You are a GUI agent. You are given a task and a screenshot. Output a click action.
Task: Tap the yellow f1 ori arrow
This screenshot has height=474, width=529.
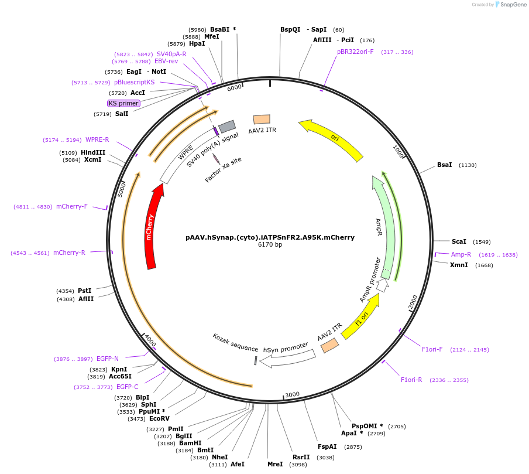(x=360, y=317)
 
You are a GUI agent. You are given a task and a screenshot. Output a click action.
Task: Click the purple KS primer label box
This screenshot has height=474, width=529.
(x=123, y=103)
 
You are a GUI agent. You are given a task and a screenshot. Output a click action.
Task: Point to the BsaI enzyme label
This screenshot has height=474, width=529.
(x=445, y=165)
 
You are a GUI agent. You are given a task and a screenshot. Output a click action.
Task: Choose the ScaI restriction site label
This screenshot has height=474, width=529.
(x=459, y=241)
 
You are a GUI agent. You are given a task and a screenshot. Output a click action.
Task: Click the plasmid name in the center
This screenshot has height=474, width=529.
(x=270, y=237)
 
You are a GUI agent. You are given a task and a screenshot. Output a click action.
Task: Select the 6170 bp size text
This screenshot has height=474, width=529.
(x=270, y=245)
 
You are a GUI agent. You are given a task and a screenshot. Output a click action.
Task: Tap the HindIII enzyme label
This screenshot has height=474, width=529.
(x=93, y=152)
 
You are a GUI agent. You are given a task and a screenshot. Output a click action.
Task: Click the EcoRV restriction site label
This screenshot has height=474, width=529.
(x=159, y=418)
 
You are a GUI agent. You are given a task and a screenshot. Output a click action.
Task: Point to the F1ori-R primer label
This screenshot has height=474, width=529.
(x=411, y=380)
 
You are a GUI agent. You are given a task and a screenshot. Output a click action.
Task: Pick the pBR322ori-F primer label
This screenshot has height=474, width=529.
(x=355, y=52)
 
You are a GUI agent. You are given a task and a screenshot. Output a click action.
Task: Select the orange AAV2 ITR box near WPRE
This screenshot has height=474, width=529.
(x=261, y=119)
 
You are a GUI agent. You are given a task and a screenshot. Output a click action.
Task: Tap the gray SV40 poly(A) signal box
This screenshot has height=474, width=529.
(x=227, y=126)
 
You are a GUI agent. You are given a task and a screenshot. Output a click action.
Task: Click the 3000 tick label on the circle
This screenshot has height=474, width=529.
(x=292, y=395)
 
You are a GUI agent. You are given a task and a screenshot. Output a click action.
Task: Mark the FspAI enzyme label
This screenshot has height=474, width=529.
(x=328, y=446)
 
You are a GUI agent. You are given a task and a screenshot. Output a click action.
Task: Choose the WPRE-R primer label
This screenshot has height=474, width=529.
(x=97, y=139)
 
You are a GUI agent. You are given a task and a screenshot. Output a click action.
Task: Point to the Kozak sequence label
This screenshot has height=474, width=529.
(x=235, y=343)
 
